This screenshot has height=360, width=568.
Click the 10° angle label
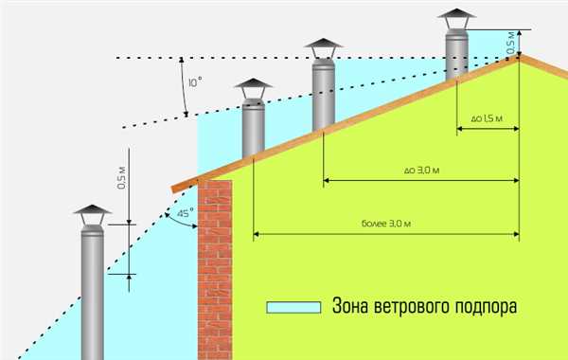(195, 82)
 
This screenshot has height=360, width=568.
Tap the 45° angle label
(185, 213)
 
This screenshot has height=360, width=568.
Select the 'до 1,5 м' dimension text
(487, 118)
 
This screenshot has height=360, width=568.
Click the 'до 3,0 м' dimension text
(421, 170)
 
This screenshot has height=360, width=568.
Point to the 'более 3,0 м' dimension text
(386, 224)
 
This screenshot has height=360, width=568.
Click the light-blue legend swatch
(293, 308)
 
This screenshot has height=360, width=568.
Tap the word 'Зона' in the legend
(349, 306)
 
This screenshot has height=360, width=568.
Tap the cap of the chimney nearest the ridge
(456, 19)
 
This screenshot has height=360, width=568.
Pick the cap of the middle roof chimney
(323, 48)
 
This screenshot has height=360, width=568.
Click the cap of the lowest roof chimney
(253, 88)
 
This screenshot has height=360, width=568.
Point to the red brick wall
(215, 270)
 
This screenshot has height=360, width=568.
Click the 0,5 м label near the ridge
(510, 43)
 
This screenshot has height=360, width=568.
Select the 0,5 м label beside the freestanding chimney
(122, 178)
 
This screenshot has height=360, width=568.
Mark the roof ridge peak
(520, 54)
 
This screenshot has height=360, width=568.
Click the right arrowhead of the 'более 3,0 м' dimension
(516, 234)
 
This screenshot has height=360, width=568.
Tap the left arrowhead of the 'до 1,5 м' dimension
(460, 128)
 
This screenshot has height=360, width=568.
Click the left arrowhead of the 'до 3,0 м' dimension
(327, 180)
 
